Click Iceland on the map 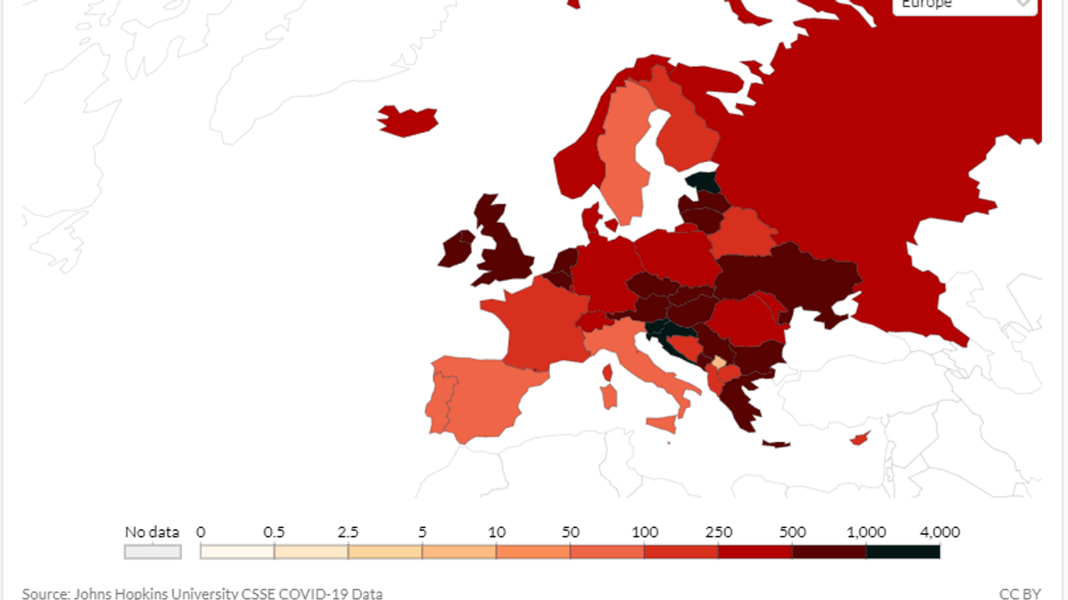[407, 121]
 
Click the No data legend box [153, 551]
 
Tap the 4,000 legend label [940, 532]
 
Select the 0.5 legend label [275, 532]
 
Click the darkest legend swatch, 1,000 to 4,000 [902, 551]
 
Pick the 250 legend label [718, 532]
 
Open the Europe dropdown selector [965, 4]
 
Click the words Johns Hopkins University [154, 593]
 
